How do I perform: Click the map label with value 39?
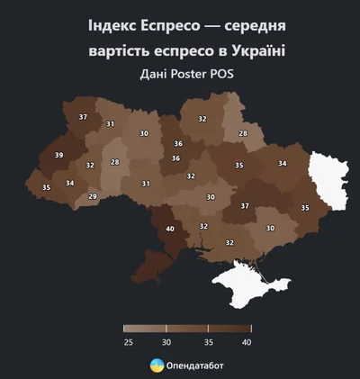click(x=59, y=156)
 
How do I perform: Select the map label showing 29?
click(x=92, y=196)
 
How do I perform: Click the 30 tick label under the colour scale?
click(x=166, y=342)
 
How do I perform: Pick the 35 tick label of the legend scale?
click(x=208, y=342)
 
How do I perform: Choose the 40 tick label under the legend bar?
click(x=247, y=342)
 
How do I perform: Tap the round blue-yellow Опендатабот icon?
click(x=157, y=365)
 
